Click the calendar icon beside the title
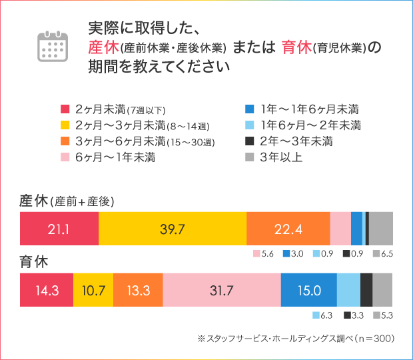pyautogui.click(x=53, y=45)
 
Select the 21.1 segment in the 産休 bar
pyautogui.click(x=59, y=229)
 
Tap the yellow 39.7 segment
pyautogui.click(x=172, y=229)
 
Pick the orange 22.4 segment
pyautogui.click(x=288, y=229)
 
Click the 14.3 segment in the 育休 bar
pyautogui.click(x=47, y=290)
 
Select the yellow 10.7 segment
pyautogui.click(x=93, y=290)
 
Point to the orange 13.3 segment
pyautogui.click(x=138, y=290)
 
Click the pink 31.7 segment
pyautogui.click(x=221, y=290)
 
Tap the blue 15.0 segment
pyautogui.click(x=308, y=290)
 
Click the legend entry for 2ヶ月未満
pyautogui.click(x=113, y=109)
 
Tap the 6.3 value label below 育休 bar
pyautogui.click(x=326, y=315)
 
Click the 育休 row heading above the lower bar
pyautogui.click(x=33, y=263)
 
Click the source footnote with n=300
pyautogui.click(x=296, y=339)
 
